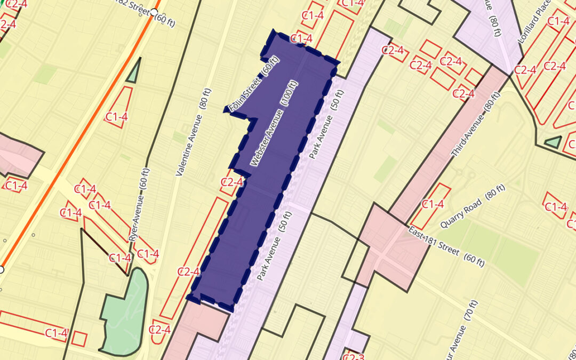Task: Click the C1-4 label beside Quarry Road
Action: [433, 204]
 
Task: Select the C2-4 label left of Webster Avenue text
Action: [231, 182]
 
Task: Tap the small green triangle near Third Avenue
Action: [554, 142]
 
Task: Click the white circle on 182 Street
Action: [154, 12]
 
